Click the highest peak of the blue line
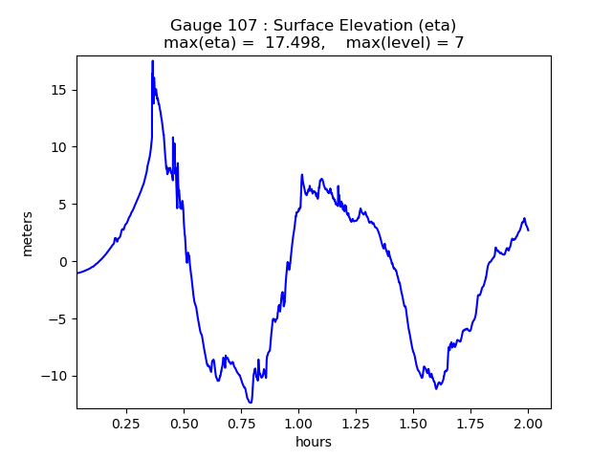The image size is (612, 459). pos(152,61)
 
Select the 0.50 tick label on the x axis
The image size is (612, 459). pos(184,422)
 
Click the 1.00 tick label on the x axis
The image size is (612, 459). pos(298,422)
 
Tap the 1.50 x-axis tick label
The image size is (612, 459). pos(413,422)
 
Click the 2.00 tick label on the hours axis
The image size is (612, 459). pos(528,422)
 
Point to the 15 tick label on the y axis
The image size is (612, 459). pos(58,90)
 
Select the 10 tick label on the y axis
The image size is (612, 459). pos(58,147)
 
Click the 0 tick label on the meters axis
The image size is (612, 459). pos(62,261)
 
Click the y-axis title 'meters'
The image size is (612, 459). pos(28,233)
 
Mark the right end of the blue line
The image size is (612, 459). pos(528,229)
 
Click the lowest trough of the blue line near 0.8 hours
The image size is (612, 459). pos(250,402)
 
